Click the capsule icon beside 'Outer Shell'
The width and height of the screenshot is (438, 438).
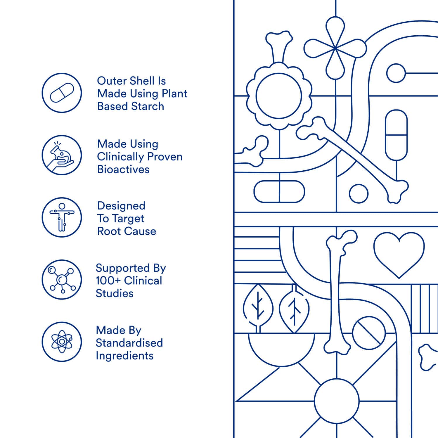(62, 93)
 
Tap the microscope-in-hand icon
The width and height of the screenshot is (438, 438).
(62, 155)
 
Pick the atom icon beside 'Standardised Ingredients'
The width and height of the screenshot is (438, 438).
(62, 342)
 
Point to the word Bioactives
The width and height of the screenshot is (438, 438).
(123, 169)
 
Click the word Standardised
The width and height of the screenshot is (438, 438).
(129, 343)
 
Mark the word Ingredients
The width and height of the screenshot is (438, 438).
(124, 356)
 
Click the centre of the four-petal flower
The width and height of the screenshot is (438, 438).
(335, 48)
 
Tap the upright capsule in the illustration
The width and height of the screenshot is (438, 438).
(396, 135)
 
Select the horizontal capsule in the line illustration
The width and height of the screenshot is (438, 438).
(279, 192)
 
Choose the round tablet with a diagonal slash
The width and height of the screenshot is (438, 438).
(369, 333)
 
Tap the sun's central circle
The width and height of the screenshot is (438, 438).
(337, 401)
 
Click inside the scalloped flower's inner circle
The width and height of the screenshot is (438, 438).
(278, 96)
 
